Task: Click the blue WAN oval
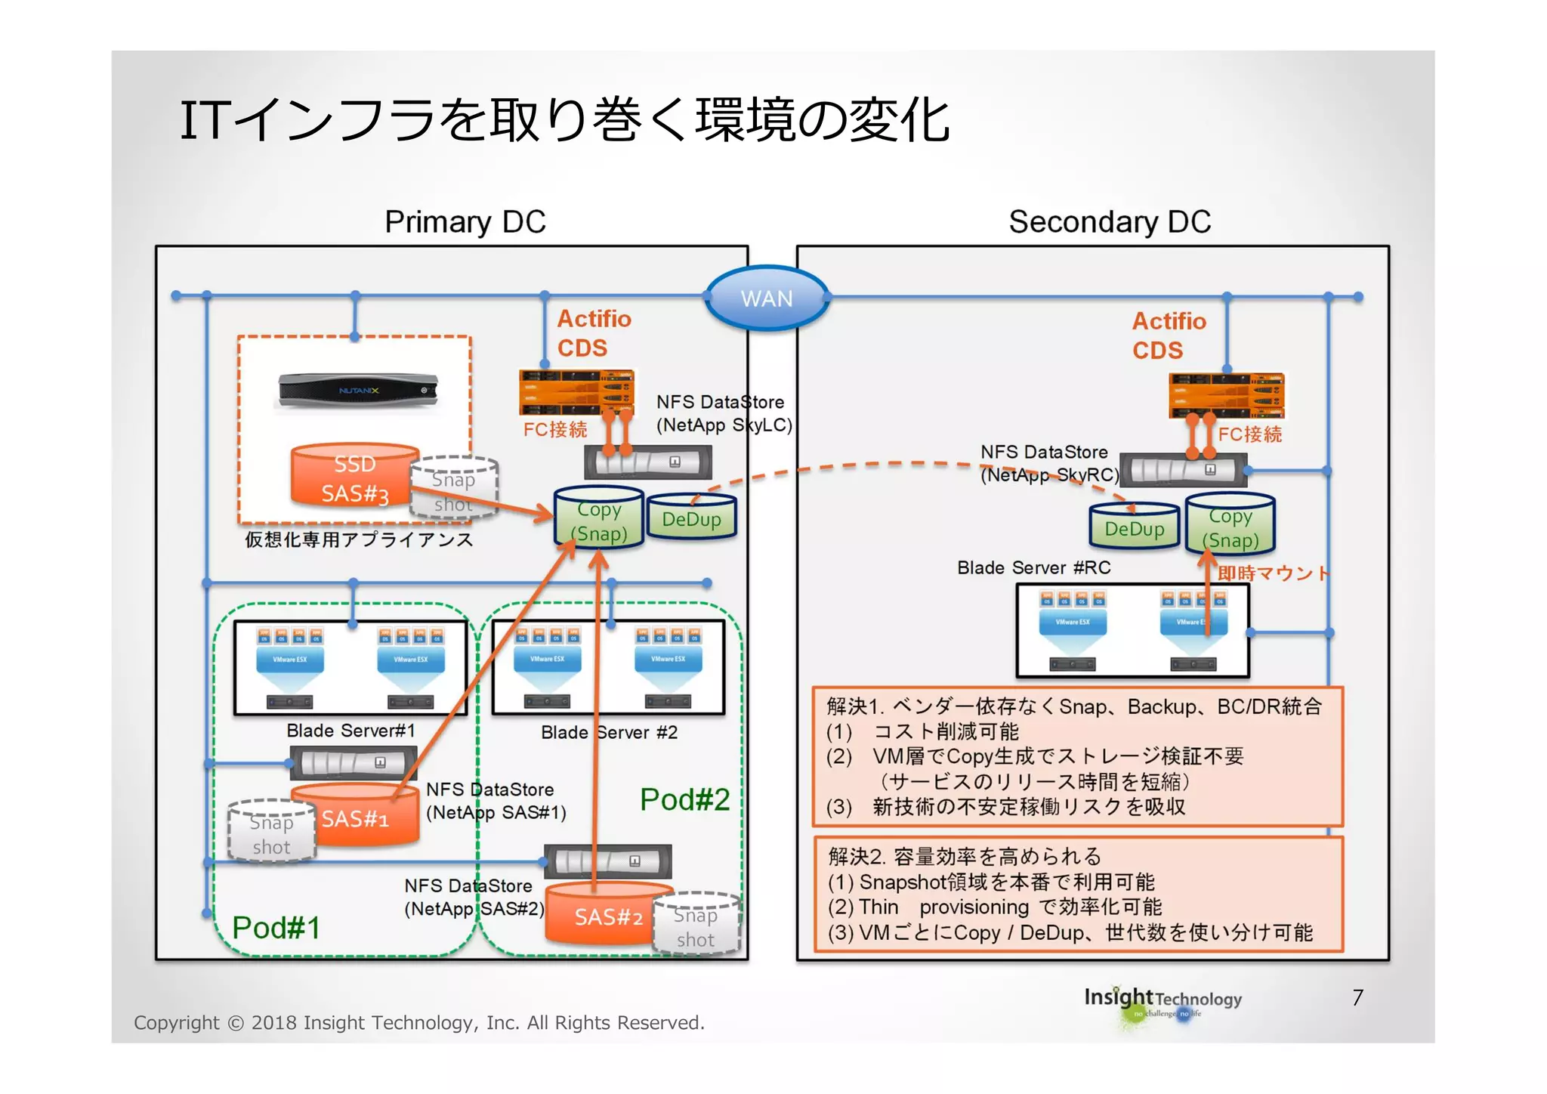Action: tap(767, 298)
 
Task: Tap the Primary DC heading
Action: tap(465, 222)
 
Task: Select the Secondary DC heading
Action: tap(1109, 222)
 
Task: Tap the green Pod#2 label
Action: tap(684, 799)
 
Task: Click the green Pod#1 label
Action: tap(276, 928)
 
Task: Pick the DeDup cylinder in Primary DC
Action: tap(691, 518)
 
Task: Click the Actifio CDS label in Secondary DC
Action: tap(1168, 335)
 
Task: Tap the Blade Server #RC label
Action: tap(1033, 567)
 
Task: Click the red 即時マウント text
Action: tap(1274, 573)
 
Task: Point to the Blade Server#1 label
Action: tap(350, 731)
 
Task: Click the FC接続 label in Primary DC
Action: tap(554, 429)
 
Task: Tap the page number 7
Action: tap(1357, 997)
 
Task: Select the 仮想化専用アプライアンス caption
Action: tap(358, 539)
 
